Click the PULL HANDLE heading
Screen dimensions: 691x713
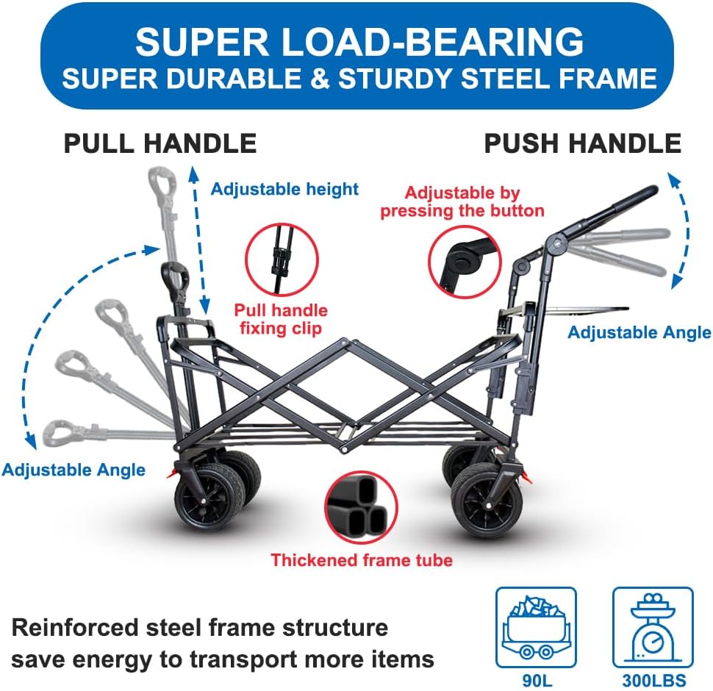160,143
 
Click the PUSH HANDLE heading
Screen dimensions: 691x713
582,143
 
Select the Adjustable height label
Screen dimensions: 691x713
284,189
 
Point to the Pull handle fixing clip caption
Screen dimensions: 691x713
281,318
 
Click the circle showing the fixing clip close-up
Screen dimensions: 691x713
282,261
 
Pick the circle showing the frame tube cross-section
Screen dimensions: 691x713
360,508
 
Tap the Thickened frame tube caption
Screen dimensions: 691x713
362,560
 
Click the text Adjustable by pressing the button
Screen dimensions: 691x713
462,201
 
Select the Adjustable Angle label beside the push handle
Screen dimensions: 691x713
639,332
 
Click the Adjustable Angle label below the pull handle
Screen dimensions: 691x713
74,470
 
